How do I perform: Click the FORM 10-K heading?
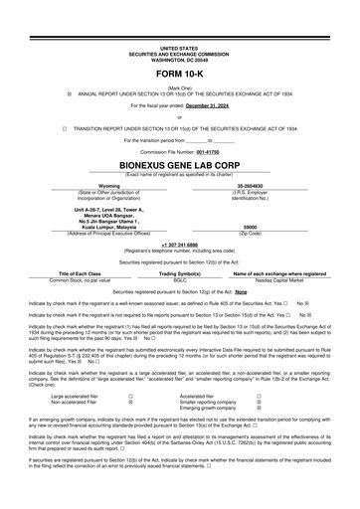tap(179, 76)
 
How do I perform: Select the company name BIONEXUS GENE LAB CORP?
tap(179, 168)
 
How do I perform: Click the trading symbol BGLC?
tap(179, 277)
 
